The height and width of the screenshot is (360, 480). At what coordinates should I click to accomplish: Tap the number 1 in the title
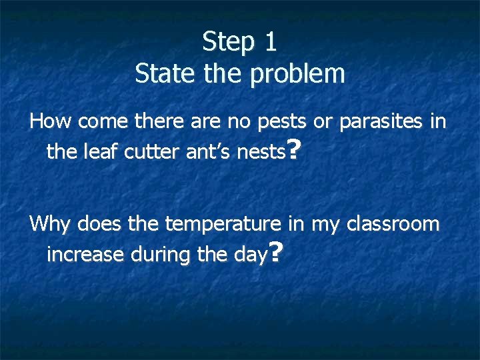pos(270,41)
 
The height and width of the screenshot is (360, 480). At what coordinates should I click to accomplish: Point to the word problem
pos(298,74)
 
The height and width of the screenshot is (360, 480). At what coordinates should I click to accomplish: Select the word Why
pos(51,223)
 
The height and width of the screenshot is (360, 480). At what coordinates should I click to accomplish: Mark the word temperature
pos(223,224)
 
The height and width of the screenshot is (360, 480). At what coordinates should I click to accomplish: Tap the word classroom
pos(393,223)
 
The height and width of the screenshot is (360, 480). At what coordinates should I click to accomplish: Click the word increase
pos(85,254)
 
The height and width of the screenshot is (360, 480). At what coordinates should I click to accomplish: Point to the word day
pos(250,255)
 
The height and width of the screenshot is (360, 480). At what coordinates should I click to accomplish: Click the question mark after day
pos(277,252)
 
